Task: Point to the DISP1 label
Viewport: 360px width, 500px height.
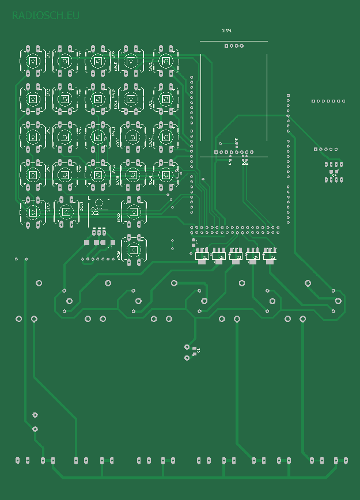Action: pyautogui.click(x=227, y=31)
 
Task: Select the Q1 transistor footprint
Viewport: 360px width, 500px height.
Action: pyautogui.click(x=202, y=256)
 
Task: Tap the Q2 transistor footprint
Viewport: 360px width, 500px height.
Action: pyautogui.click(x=218, y=256)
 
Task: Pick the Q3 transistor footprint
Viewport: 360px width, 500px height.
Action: pyautogui.click(x=235, y=256)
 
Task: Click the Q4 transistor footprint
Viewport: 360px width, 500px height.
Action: pyautogui.click(x=252, y=256)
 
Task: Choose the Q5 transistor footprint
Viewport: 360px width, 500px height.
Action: pyautogui.click(x=269, y=256)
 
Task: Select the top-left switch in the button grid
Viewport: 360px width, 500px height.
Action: pyautogui.click(x=33, y=60)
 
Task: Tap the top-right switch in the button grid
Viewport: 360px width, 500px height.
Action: pyautogui.click(x=166, y=61)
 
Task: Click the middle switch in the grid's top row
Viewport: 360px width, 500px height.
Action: pyautogui.click(x=98, y=60)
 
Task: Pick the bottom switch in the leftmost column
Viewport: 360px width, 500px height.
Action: pyautogui.click(x=33, y=212)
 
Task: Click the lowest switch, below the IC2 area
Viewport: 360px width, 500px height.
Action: pyautogui.click(x=133, y=250)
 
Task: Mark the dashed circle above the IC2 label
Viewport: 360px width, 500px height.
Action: pyautogui.click(x=99, y=202)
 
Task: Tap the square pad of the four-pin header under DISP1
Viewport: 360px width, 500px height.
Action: pyautogui.click(x=226, y=46)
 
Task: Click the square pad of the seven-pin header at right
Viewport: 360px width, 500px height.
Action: pyautogui.click(x=313, y=101)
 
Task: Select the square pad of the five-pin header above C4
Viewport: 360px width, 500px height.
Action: pyautogui.click(x=315, y=149)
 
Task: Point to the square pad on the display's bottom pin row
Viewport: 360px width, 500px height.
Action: pyautogui.click(x=215, y=152)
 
